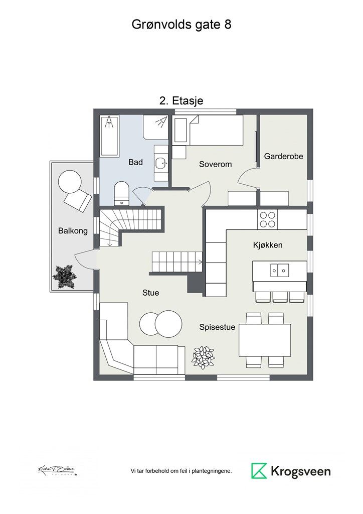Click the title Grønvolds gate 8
pos(181,25)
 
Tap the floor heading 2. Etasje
pos(181,100)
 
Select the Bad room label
pos(135,162)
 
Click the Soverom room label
pos(215,164)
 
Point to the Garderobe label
pos(283,157)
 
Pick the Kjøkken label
pos(267,245)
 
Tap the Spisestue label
pos(218,327)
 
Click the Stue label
pos(150,292)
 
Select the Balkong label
pos(73,231)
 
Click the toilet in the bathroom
pos(121,193)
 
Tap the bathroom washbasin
pos(161,163)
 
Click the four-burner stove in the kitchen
pos(267,219)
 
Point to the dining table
pos(264,340)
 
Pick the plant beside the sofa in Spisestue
pos(203,356)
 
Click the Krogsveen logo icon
pos(259,471)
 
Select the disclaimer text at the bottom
pos(181,471)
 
